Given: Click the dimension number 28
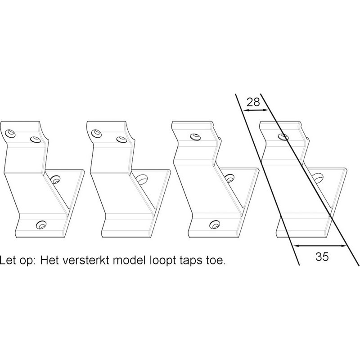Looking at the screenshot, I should pos(254,102).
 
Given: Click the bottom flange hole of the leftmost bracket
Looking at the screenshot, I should pos(42,224).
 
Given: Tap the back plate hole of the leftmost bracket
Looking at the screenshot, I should pos(56,179).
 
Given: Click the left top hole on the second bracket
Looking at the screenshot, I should pos(96,133).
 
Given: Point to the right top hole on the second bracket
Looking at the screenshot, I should pos(120,139).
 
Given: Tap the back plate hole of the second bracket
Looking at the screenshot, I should pos(141,179).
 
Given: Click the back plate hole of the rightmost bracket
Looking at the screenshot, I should pos(317,180).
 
